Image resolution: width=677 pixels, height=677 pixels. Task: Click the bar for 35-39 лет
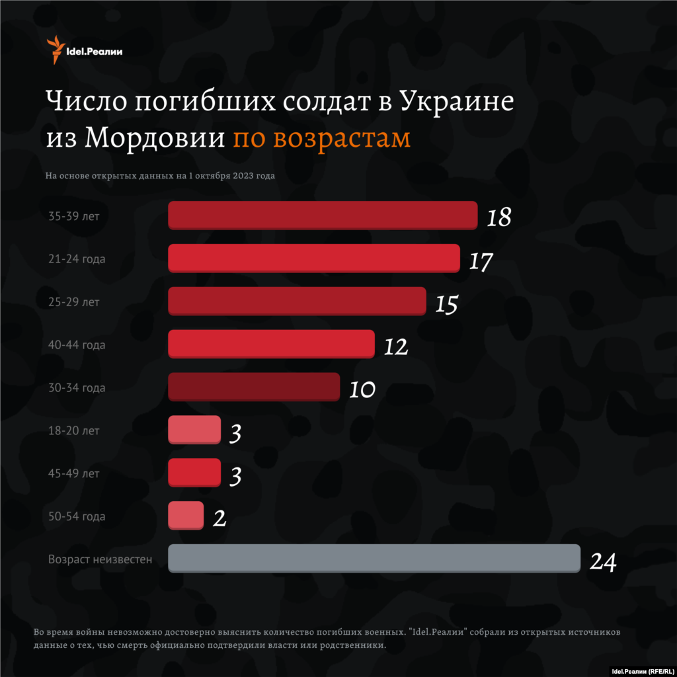click(x=323, y=216)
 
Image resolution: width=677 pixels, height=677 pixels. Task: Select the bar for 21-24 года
click(x=314, y=258)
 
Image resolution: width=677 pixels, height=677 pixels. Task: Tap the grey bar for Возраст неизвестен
click(x=374, y=558)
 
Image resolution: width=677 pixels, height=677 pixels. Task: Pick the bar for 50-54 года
click(x=186, y=516)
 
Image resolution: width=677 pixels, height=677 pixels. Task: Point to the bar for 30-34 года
click(x=254, y=387)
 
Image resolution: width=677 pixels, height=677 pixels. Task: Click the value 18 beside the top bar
click(x=499, y=218)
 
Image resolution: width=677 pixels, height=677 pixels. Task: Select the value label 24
click(x=603, y=562)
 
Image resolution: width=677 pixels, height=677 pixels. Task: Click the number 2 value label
click(x=219, y=518)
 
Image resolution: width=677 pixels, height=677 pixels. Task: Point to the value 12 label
click(x=396, y=346)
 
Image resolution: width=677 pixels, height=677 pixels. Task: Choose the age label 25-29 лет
click(x=74, y=302)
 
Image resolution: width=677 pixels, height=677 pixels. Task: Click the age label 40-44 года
click(x=77, y=345)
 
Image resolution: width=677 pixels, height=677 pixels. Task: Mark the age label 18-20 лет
click(x=74, y=430)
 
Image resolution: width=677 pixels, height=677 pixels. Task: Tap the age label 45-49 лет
click(x=74, y=473)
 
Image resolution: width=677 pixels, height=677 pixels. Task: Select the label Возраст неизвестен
click(x=100, y=559)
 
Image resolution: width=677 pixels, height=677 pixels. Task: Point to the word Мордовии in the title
click(x=156, y=138)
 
